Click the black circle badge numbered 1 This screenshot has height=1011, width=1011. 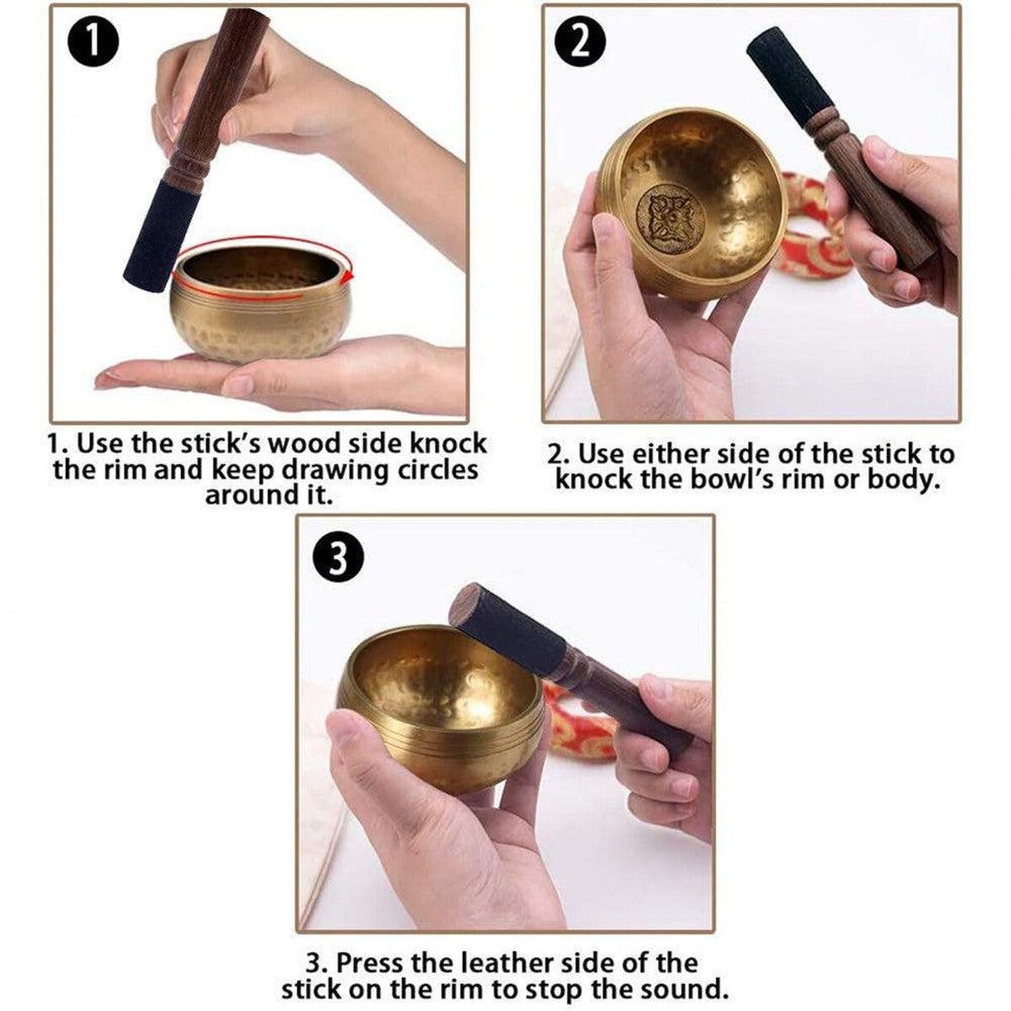(94, 41)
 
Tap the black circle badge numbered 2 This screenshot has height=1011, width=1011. (580, 41)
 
